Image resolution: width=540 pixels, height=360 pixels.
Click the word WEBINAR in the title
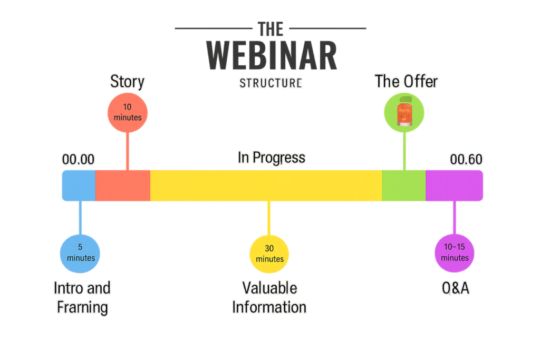coord(271,56)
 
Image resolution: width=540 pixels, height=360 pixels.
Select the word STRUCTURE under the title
coord(271,83)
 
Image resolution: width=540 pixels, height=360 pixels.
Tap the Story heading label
coord(127,82)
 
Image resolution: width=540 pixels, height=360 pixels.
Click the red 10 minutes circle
coord(128,112)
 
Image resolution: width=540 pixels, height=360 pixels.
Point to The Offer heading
coord(406,81)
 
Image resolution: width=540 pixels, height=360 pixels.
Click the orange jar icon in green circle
coord(404,112)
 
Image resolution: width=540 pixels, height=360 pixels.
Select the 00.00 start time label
coord(78,159)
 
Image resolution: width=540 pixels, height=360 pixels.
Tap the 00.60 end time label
coord(466,159)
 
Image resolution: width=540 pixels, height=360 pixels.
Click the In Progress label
coord(271,158)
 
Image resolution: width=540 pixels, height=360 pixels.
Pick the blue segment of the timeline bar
coord(79,186)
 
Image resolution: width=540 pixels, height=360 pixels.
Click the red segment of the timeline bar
coord(123,186)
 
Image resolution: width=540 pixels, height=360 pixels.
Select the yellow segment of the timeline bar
coord(266,186)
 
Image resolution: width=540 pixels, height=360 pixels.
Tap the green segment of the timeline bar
coord(403,186)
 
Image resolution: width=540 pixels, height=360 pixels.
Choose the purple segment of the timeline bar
coord(454,186)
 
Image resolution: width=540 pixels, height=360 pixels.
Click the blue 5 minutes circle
coord(80,252)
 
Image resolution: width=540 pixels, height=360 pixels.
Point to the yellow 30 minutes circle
coord(269,254)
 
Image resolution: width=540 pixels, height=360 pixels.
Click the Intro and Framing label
coord(82,298)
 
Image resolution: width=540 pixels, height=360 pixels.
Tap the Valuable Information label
coord(269,298)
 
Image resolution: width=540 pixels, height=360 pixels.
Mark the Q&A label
coord(455,288)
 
